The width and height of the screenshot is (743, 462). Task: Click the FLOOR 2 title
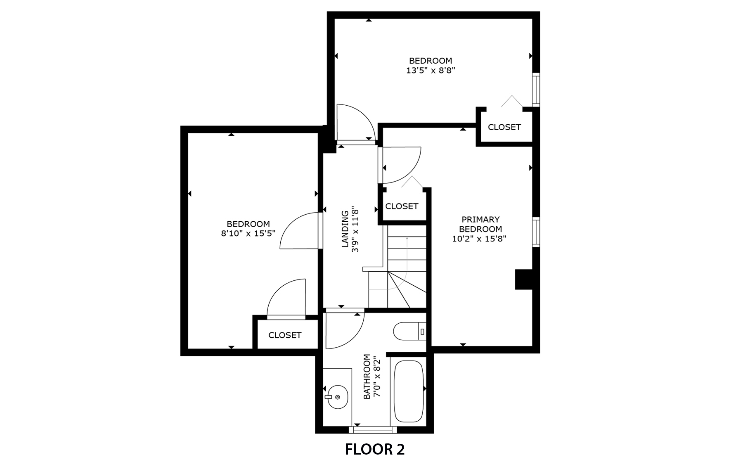(374, 449)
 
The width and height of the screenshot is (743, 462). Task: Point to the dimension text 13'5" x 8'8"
(431, 71)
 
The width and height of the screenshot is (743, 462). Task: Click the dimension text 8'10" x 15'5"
(248, 234)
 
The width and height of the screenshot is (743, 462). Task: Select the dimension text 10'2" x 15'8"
(480, 239)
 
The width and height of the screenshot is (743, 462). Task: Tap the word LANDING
(345, 230)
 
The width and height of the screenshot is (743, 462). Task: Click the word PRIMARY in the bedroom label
(480, 219)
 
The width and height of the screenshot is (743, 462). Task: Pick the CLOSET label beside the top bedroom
(504, 127)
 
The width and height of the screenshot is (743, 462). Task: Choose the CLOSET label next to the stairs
(402, 206)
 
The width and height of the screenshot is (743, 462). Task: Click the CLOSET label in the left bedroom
(285, 335)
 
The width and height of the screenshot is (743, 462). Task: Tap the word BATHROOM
(367, 377)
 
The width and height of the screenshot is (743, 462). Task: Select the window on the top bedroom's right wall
(536, 90)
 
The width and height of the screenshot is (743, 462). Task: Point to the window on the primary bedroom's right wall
(536, 232)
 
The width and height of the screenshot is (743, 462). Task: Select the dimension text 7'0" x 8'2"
(376, 377)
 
